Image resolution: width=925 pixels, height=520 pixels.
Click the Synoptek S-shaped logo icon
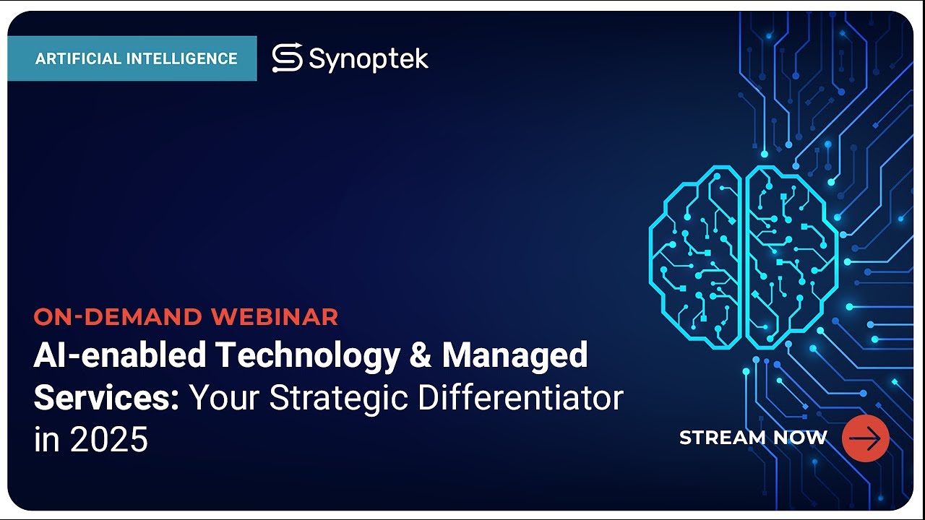287,58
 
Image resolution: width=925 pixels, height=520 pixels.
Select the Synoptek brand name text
369,59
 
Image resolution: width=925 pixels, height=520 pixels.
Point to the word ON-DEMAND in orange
118,316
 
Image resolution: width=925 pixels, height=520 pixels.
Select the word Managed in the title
515,355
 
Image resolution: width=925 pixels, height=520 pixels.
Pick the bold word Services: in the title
106,398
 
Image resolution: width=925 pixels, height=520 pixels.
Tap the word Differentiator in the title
527,398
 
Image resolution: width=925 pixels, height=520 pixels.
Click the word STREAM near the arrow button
723,438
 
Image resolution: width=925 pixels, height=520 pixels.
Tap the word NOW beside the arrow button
800,438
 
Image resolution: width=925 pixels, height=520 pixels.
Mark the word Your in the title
225,398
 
